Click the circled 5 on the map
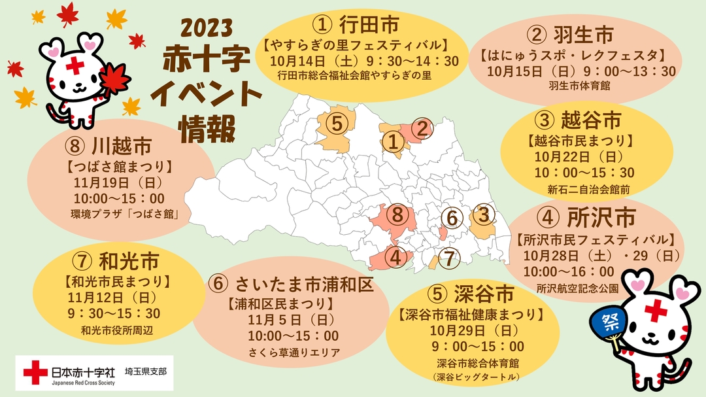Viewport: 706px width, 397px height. coord(335,122)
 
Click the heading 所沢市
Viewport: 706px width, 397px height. coord(587,216)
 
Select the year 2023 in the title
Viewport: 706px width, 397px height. coord(207,28)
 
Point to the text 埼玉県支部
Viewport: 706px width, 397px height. coord(145,371)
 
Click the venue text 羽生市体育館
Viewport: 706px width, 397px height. coord(580,85)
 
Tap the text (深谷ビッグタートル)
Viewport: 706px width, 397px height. coord(472,377)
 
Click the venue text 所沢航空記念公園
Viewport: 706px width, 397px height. coord(577,286)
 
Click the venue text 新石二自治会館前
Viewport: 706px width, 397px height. coord(593,190)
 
